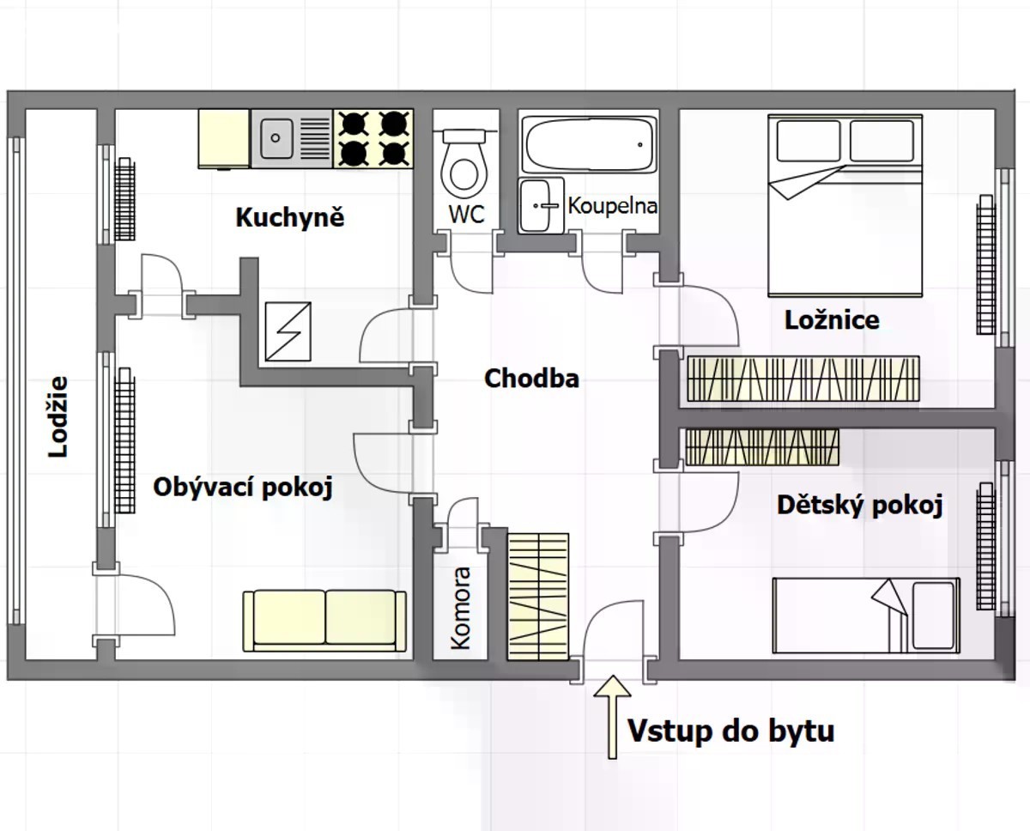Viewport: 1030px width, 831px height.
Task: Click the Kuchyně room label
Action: point(290,218)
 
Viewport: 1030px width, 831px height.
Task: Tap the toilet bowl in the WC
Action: point(463,164)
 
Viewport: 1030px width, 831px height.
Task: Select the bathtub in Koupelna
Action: point(589,143)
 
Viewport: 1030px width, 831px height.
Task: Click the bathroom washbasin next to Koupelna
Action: point(542,205)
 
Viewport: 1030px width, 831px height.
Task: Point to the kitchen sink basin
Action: point(276,138)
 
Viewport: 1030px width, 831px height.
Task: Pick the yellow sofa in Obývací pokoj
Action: point(324,621)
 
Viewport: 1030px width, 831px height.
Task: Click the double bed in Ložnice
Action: point(845,206)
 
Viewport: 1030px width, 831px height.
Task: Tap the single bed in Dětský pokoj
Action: point(866,616)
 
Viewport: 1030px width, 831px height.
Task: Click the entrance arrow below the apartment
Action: point(612,717)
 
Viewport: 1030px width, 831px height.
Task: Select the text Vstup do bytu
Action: point(731,731)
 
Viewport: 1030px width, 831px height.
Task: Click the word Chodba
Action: point(532,379)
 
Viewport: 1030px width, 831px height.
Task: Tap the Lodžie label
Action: point(58,417)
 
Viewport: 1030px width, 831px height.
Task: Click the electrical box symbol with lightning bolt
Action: point(288,331)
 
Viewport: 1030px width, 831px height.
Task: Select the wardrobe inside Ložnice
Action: point(803,379)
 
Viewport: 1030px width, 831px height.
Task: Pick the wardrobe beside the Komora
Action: point(538,597)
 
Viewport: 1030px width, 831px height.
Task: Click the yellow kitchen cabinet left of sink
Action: point(224,139)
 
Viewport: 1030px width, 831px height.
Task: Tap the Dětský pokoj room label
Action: point(859,506)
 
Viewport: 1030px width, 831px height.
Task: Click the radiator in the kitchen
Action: point(125,199)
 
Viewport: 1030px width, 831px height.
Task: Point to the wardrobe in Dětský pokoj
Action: point(762,447)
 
